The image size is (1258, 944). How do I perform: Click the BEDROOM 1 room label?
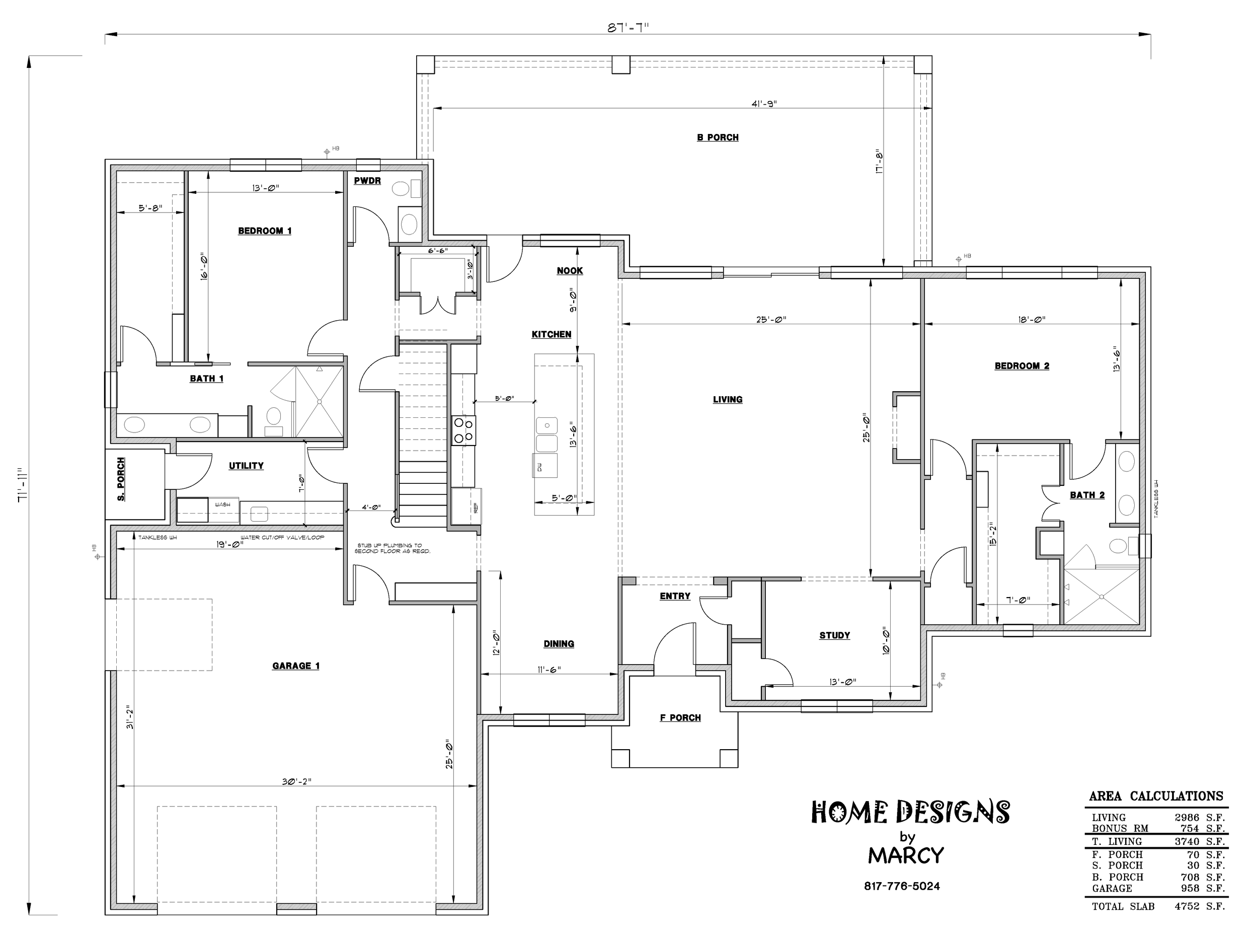pyautogui.click(x=265, y=231)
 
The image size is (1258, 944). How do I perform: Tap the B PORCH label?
pyautogui.click(x=718, y=137)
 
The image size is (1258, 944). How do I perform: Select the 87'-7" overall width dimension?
pyautogui.click(x=628, y=28)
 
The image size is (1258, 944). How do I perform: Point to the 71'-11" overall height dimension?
pyautogui.click(x=22, y=485)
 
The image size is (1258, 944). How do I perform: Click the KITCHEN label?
pyautogui.click(x=551, y=334)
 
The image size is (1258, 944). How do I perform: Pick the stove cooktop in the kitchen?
pyautogui.click(x=463, y=430)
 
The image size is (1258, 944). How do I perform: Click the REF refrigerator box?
pyautogui.click(x=467, y=506)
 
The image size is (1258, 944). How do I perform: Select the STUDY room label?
pyautogui.click(x=834, y=635)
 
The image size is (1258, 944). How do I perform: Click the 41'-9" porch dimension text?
pyautogui.click(x=764, y=104)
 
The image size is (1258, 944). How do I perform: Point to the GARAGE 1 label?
pyautogui.click(x=296, y=665)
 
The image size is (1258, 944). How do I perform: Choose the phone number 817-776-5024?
pyautogui.click(x=902, y=886)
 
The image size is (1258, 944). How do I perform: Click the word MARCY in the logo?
pyautogui.click(x=906, y=855)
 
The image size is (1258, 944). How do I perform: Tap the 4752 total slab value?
pyautogui.click(x=1187, y=906)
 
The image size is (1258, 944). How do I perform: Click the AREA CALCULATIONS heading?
pyautogui.click(x=1156, y=796)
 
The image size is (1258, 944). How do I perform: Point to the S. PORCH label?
pyautogui.click(x=121, y=479)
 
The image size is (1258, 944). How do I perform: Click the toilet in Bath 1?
pyautogui.click(x=274, y=420)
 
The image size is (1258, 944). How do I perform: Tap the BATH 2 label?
pyautogui.click(x=1087, y=494)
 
